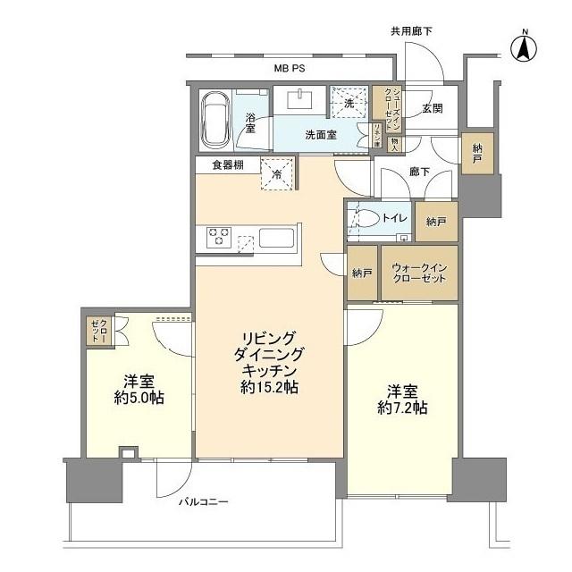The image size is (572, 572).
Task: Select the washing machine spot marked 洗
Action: [349, 103]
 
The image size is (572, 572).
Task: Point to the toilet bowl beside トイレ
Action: [366, 219]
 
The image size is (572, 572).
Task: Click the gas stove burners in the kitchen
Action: [219, 237]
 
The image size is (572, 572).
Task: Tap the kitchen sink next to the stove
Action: [277, 239]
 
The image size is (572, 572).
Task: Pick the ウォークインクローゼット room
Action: [418, 273]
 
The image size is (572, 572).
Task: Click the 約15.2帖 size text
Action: [269, 388]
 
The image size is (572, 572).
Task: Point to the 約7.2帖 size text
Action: [402, 408]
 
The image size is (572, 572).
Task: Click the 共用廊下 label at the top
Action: [410, 31]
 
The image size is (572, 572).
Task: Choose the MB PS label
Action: [290, 68]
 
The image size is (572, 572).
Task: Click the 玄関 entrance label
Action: [433, 108]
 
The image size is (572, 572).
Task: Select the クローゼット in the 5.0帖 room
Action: [97, 332]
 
